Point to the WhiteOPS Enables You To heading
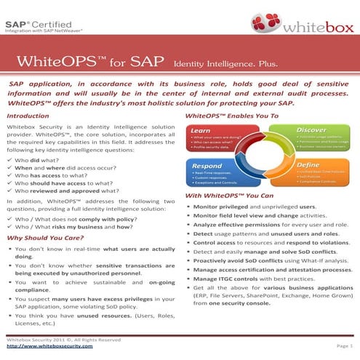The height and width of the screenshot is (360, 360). pos(232,116)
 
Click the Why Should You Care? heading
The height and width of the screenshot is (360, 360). pos(42,238)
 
